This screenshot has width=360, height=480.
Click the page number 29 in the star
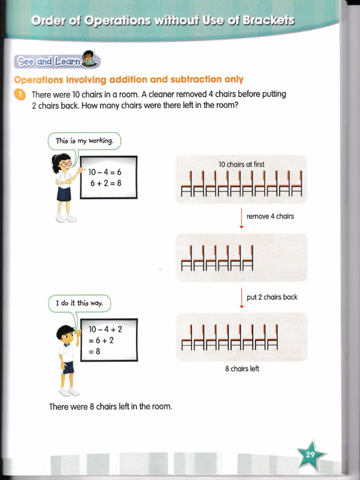(310, 454)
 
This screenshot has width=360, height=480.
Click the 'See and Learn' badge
(55, 61)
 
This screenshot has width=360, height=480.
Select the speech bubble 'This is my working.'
(84, 141)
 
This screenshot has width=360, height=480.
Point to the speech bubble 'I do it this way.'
(79, 303)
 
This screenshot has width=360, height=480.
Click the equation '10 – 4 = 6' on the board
(106, 172)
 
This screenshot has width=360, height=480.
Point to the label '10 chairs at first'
(241, 165)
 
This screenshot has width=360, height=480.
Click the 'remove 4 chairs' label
(270, 216)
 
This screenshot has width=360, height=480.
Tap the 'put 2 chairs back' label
(272, 297)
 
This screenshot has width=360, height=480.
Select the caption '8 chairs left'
(242, 369)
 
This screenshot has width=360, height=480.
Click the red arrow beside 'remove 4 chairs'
(241, 217)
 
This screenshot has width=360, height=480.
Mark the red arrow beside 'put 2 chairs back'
(241, 298)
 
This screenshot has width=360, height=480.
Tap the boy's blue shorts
(68, 367)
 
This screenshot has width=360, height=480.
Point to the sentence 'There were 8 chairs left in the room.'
(111, 406)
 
